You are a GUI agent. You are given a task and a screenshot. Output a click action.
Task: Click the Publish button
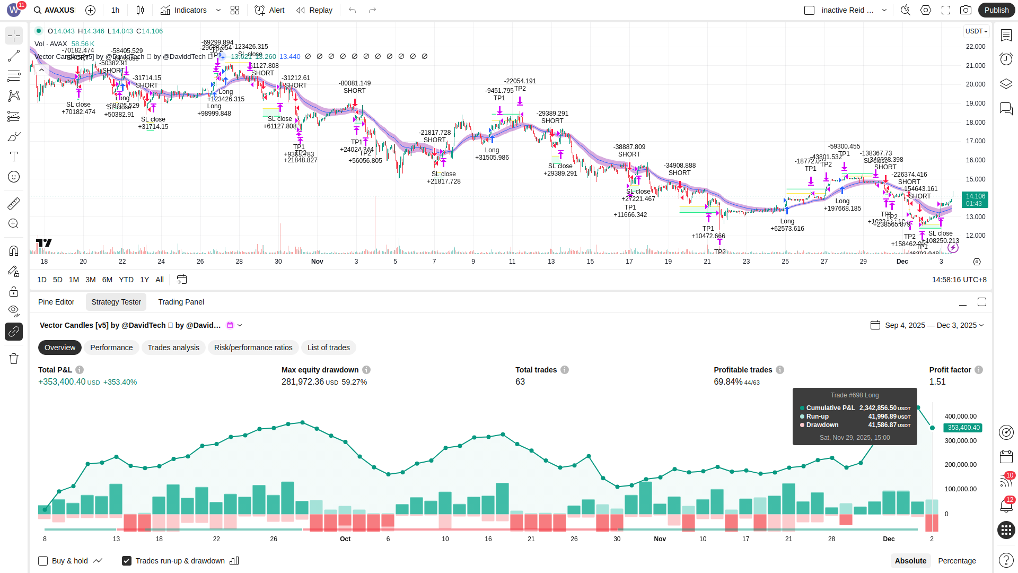tap(996, 10)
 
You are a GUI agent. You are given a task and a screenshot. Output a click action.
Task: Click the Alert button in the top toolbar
tap(270, 10)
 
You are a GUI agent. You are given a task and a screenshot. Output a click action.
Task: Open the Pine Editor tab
tap(56, 302)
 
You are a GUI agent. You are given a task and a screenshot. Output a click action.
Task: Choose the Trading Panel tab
tap(181, 302)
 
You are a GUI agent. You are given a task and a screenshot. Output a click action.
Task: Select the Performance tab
tap(111, 348)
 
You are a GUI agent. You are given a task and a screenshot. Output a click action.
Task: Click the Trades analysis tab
tap(173, 348)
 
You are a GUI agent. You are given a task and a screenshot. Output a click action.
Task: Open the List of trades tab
tap(329, 348)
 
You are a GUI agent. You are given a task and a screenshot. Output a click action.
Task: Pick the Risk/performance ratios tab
tap(253, 348)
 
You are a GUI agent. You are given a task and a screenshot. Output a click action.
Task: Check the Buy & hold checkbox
tap(43, 561)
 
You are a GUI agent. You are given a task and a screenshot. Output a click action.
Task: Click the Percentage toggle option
tap(956, 561)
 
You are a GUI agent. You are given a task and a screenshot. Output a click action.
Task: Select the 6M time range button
tap(107, 280)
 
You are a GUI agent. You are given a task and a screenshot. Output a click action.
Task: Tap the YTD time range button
tap(126, 280)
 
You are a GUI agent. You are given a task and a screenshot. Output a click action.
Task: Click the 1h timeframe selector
tap(116, 10)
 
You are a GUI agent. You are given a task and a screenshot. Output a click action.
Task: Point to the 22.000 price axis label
tap(976, 47)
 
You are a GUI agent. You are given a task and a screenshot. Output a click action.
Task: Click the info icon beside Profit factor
tap(979, 370)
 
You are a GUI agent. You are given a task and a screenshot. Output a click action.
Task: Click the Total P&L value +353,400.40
tap(62, 382)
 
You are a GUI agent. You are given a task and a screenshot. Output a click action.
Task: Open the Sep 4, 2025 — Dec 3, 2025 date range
tap(927, 325)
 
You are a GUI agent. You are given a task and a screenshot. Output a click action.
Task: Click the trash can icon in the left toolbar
tap(14, 359)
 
